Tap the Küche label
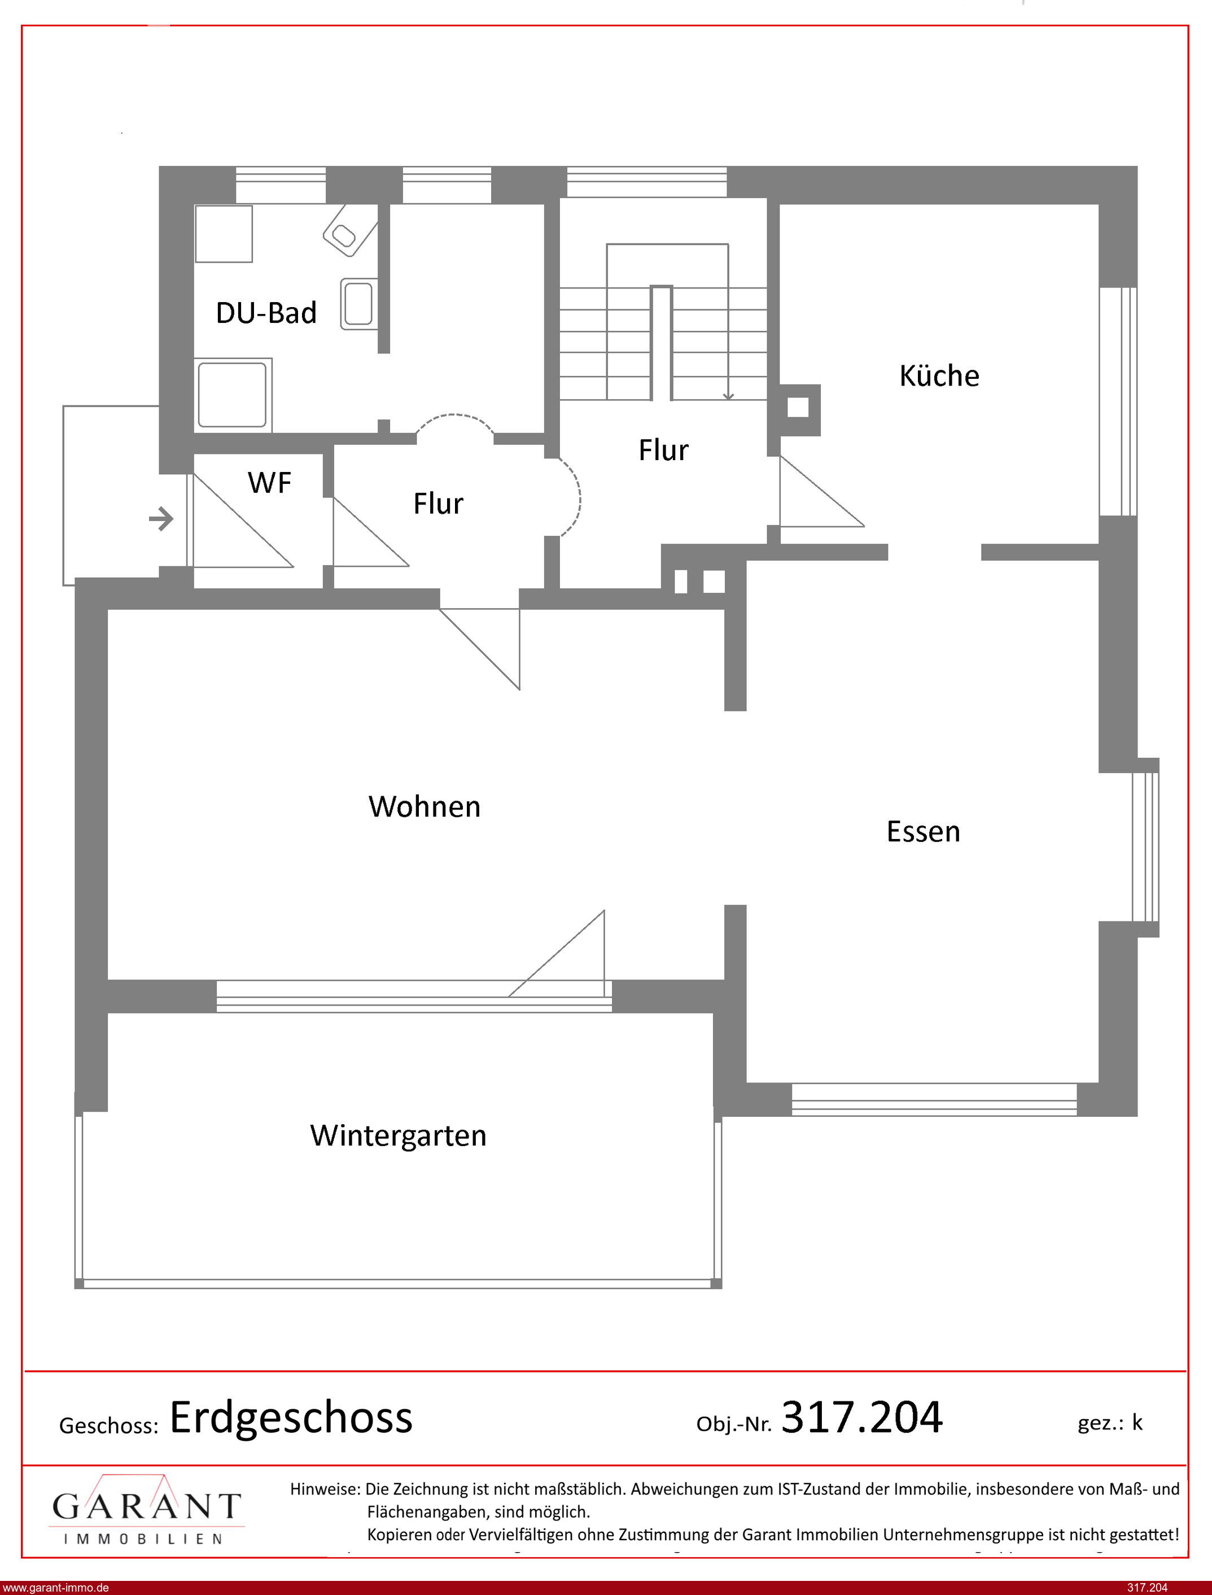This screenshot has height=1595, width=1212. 939,376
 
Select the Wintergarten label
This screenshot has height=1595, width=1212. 398,1135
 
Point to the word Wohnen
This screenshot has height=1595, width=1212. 424,806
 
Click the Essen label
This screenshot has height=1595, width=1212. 924,832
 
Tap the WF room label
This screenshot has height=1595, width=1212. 269,483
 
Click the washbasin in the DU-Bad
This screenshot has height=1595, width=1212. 358,304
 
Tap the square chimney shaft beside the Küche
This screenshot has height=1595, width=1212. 798,408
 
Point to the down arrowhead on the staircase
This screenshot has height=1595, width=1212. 729,395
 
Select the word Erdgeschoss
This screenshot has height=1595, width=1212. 291,1418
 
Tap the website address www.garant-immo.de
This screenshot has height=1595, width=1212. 55,1588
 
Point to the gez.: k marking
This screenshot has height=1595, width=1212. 1110,1423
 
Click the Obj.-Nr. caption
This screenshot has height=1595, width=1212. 734,1424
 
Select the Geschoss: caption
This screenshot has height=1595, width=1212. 108,1426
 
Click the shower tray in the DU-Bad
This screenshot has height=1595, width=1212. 233,395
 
